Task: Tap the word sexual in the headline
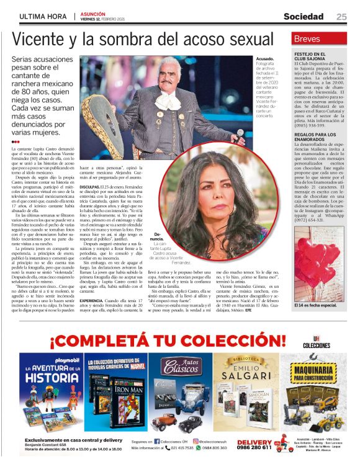tap(258, 39)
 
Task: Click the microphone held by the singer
tap(241, 134)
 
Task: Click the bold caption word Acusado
tap(266, 58)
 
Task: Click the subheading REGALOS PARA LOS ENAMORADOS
tap(317, 137)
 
